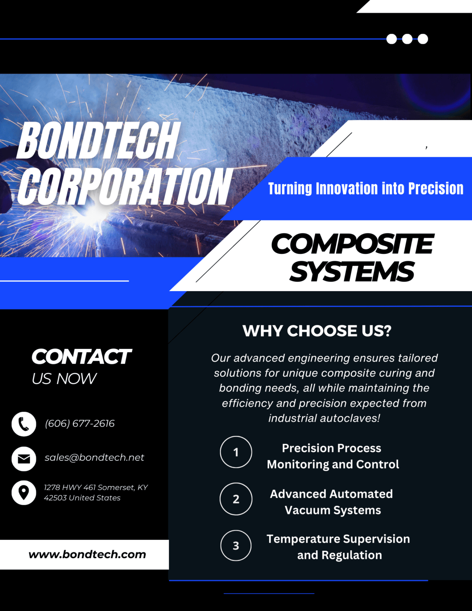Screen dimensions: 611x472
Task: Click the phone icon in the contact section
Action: click(x=24, y=424)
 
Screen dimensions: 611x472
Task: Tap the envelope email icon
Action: click(x=24, y=459)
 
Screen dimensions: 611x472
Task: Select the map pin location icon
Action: click(x=24, y=492)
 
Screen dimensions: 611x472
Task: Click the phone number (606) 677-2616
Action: click(x=80, y=424)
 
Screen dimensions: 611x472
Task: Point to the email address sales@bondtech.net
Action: click(x=94, y=457)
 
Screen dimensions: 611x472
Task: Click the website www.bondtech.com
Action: click(x=87, y=554)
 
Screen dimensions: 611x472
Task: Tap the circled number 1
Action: click(x=236, y=452)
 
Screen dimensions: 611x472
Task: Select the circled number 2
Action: click(x=236, y=499)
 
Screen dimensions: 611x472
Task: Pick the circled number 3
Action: click(x=236, y=545)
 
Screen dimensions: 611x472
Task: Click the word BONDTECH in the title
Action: click(x=98, y=140)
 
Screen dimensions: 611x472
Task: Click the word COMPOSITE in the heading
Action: click(x=352, y=244)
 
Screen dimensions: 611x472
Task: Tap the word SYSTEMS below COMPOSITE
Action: click(x=352, y=272)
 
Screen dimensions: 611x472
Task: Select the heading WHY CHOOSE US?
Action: click(x=317, y=331)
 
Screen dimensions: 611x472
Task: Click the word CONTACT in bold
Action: click(x=81, y=357)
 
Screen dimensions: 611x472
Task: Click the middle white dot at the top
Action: click(x=407, y=39)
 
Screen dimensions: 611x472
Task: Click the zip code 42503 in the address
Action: click(x=55, y=498)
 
